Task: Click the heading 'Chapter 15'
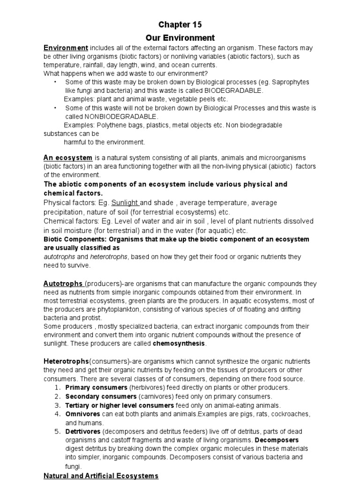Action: pos(180,24)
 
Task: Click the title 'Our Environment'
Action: pos(180,38)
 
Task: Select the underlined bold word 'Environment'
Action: pos(66,48)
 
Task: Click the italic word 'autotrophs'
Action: pos(59,256)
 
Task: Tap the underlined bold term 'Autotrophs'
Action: pos(64,284)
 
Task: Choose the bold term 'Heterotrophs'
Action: pos(66,361)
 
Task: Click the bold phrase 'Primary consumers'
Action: pos(96,388)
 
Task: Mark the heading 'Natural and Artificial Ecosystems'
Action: pos(101,476)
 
